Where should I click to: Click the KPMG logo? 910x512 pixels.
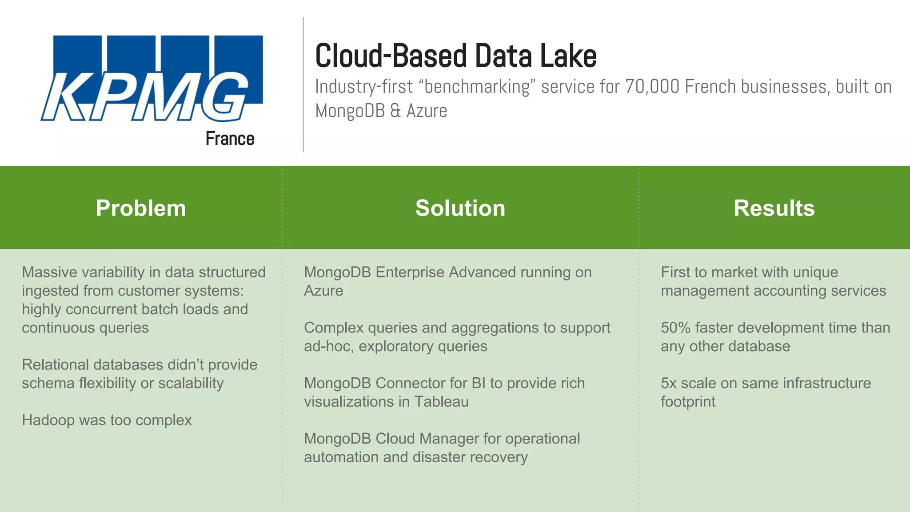point(151,78)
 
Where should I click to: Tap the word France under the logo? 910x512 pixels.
point(230,139)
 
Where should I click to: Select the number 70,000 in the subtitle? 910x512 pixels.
point(652,87)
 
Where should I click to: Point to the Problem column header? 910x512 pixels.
point(141,208)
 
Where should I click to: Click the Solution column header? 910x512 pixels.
point(460,208)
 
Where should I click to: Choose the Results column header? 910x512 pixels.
point(774,208)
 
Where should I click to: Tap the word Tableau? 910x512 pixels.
point(441,402)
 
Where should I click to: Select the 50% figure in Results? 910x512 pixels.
point(675,328)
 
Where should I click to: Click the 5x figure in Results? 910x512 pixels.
point(668,383)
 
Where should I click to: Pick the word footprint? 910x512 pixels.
point(688,402)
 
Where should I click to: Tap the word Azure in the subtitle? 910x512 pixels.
point(427,111)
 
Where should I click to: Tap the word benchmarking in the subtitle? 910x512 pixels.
point(477,87)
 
